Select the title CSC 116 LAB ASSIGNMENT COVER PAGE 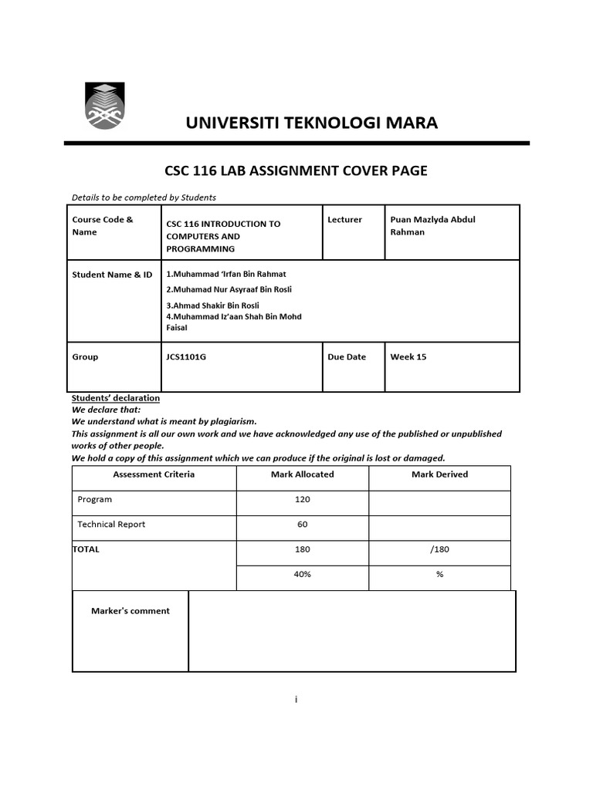[x=296, y=170]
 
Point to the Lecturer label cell [x=344, y=220]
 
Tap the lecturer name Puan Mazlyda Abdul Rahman [x=432, y=225]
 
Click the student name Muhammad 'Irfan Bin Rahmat [x=225, y=274]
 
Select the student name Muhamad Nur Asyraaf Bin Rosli [x=229, y=289]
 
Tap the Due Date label [x=347, y=357]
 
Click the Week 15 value [x=408, y=357]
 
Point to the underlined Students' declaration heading [x=116, y=398]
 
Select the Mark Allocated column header [x=302, y=474]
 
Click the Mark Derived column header [x=439, y=474]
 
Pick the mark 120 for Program [x=302, y=499]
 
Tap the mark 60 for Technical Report [x=302, y=525]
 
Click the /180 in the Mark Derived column [x=439, y=549]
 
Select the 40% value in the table [x=302, y=575]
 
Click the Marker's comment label [x=130, y=611]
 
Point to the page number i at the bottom [x=296, y=699]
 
